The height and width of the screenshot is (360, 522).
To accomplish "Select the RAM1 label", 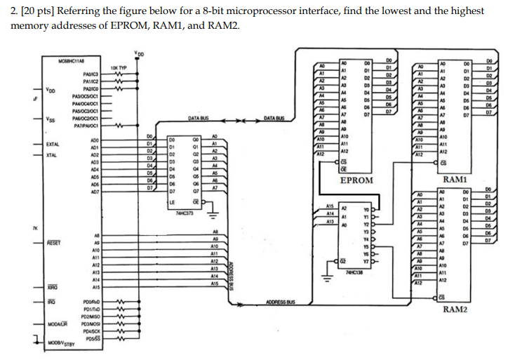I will (456, 180).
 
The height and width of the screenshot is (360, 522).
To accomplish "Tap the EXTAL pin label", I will (53, 144).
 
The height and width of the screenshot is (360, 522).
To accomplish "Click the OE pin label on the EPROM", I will (343, 168).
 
